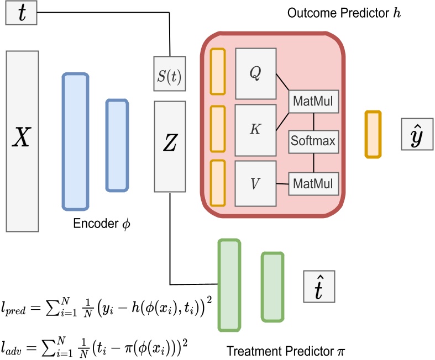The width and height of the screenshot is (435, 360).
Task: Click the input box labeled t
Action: (22, 13)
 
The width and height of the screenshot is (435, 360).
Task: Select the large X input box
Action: (22, 141)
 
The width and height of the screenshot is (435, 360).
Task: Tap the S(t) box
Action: (170, 73)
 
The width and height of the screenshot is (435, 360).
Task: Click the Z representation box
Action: (170, 146)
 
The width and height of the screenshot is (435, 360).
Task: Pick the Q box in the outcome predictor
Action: (255, 73)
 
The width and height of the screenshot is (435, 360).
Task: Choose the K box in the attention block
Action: (255, 128)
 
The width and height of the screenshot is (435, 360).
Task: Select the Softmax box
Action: (313, 141)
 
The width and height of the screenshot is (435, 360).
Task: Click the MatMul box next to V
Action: (313, 183)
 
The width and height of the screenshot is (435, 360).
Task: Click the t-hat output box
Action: (319, 287)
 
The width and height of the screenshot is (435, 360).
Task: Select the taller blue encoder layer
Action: (75, 141)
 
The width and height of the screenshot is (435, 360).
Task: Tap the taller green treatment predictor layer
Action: (229, 285)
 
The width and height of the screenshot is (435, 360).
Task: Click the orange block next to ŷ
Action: (373, 135)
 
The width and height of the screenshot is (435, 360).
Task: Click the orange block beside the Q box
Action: (218, 73)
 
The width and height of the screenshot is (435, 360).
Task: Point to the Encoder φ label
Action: (102, 225)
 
